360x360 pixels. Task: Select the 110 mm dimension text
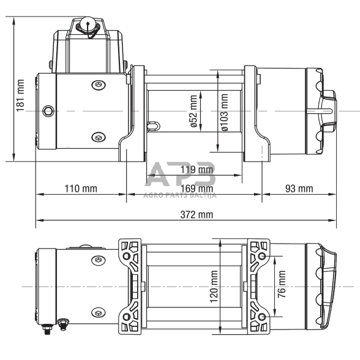81,188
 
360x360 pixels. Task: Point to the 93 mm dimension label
299,188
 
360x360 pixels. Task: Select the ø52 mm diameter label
193,111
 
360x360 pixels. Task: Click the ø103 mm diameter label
224,111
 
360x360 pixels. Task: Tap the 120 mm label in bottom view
214,287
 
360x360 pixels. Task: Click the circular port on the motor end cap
47,111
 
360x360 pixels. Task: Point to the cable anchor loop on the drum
152,126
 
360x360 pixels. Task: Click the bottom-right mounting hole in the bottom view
263,317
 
